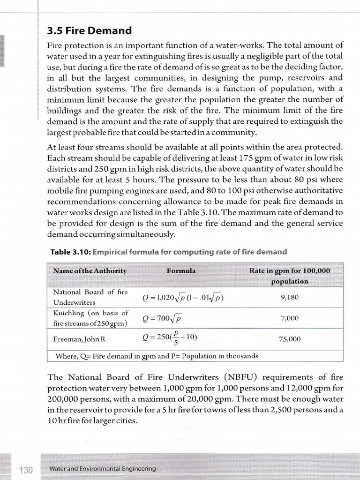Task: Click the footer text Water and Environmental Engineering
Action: pyautogui.click(x=103, y=469)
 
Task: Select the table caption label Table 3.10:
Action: pyautogui.click(x=70, y=252)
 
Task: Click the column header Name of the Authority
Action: pyautogui.click(x=90, y=271)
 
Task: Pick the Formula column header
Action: pyautogui.click(x=181, y=271)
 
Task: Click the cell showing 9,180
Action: pyautogui.click(x=290, y=297)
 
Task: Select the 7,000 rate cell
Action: pyautogui.click(x=290, y=318)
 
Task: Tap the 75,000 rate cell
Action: pyautogui.click(x=290, y=339)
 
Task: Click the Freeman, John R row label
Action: pyautogui.click(x=75, y=339)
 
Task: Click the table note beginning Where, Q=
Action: pyautogui.click(x=157, y=356)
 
